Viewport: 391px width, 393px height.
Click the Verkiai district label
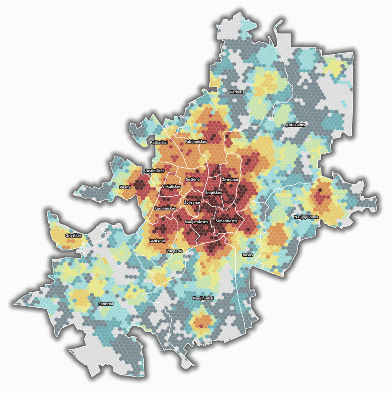pyautogui.click(x=236, y=92)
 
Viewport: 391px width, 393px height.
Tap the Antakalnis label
pyautogui.click(x=296, y=125)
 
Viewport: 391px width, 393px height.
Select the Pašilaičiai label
pyautogui.click(x=159, y=142)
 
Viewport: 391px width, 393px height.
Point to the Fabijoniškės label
pyautogui.click(x=196, y=142)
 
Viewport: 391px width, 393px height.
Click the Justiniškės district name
pyautogui.click(x=155, y=170)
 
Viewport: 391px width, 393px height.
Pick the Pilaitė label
pyautogui.click(x=125, y=187)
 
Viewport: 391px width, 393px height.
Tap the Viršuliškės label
pyautogui.click(x=171, y=186)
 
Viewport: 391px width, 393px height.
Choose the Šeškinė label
pyautogui.click(x=193, y=179)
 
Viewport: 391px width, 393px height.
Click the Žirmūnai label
pyautogui.click(x=230, y=179)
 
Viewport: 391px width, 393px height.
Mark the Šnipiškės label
pyautogui.click(x=213, y=193)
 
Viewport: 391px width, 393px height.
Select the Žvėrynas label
pyautogui.click(x=192, y=202)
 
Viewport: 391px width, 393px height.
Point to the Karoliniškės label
pyautogui.click(x=165, y=208)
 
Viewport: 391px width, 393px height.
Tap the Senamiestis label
pyautogui.click(x=227, y=221)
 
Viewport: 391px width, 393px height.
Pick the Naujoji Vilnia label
pyautogui.click(x=306, y=217)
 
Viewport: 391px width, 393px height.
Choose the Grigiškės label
pyautogui.click(x=74, y=236)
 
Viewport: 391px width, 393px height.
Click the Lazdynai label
pyautogui.click(x=156, y=241)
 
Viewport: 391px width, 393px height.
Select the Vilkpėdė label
pyautogui.click(x=174, y=251)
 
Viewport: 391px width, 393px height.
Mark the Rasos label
pyautogui.click(x=248, y=255)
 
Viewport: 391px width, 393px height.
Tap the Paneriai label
pyautogui.click(x=106, y=304)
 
